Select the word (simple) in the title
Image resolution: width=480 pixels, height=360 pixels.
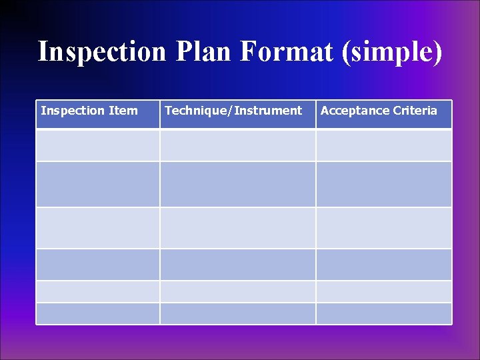click(x=391, y=51)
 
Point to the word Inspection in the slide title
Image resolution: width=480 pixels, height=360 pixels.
click(x=101, y=51)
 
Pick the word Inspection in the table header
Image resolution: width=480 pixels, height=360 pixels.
click(x=73, y=111)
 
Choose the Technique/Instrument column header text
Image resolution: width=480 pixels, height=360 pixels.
click(x=233, y=111)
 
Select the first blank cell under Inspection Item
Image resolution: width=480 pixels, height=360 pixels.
click(x=98, y=145)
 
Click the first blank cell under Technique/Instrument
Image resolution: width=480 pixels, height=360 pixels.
click(x=237, y=145)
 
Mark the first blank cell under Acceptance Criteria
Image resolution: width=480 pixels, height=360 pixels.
click(x=383, y=145)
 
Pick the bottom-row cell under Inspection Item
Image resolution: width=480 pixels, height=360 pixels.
click(x=98, y=313)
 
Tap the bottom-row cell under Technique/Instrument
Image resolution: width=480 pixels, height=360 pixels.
click(x=237, y=313)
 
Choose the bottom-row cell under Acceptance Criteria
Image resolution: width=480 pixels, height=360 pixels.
click(x=383, y=313)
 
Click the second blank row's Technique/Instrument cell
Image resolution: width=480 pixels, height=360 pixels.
click(x=237, y=184)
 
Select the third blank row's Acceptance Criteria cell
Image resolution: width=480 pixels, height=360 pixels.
click(x=383, y=228)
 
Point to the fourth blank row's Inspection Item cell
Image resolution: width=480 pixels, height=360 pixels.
click(x=98, y=265)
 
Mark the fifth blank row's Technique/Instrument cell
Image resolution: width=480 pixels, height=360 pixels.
click(x=237, y=291)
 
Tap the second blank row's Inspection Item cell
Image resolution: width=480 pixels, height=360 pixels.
click(x=98, y=184)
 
